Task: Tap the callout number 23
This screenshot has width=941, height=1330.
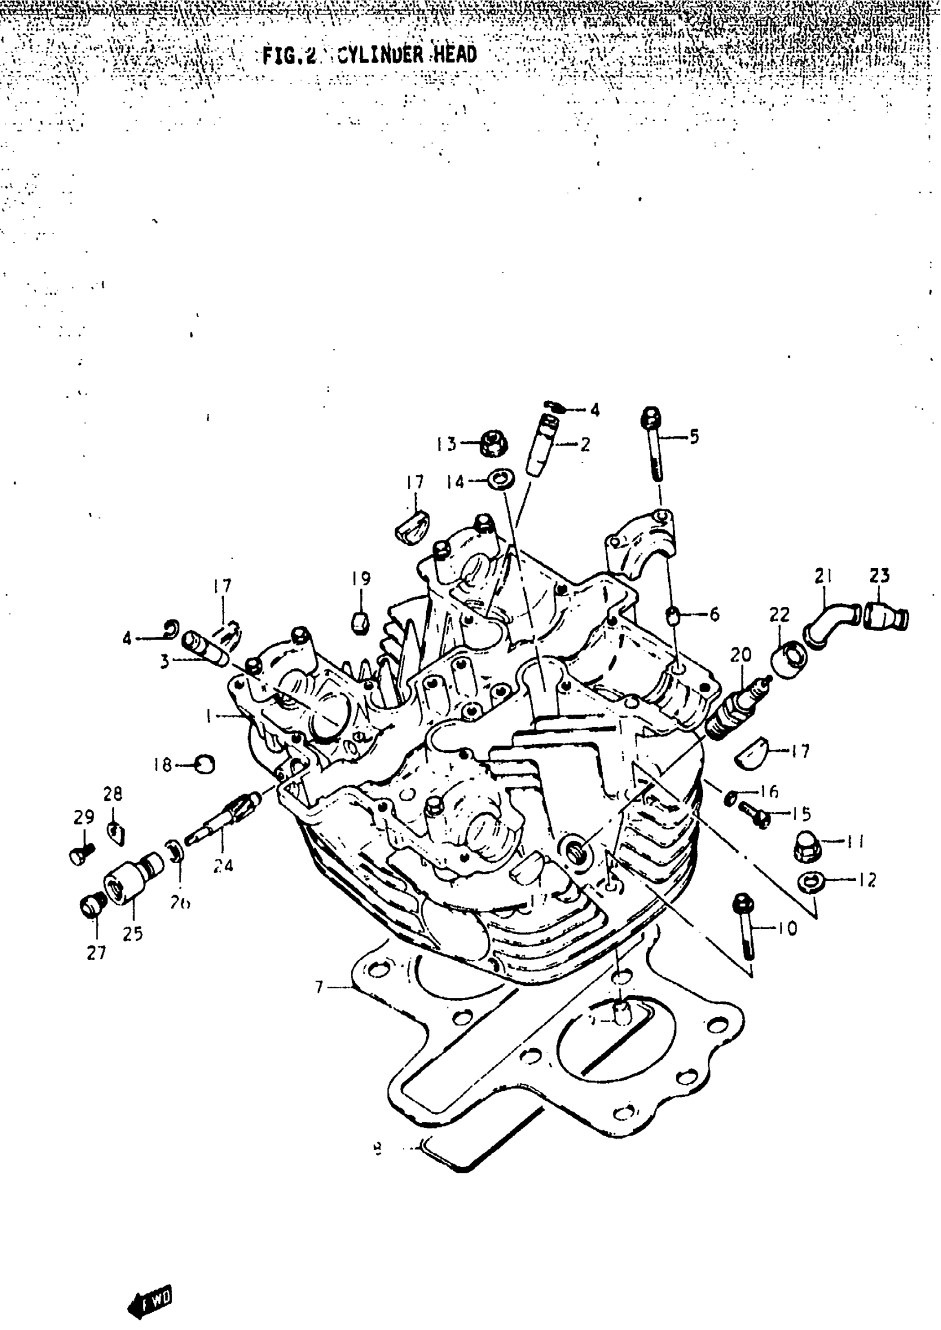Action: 879,575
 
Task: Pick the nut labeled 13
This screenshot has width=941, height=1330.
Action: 494,444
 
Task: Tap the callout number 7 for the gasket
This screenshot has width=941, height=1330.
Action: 319,986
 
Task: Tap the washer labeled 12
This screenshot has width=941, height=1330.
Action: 809,883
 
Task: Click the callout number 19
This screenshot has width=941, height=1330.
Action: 361,578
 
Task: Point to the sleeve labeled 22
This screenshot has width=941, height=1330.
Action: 789,659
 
